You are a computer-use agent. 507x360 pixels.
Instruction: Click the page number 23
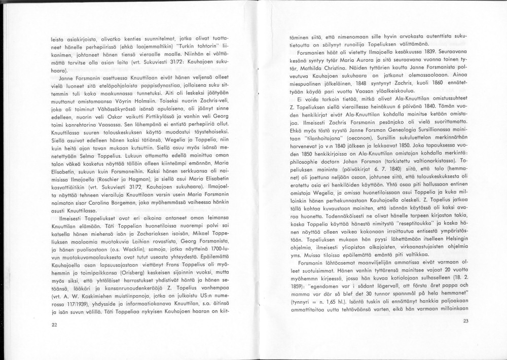[x=465, y=321]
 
